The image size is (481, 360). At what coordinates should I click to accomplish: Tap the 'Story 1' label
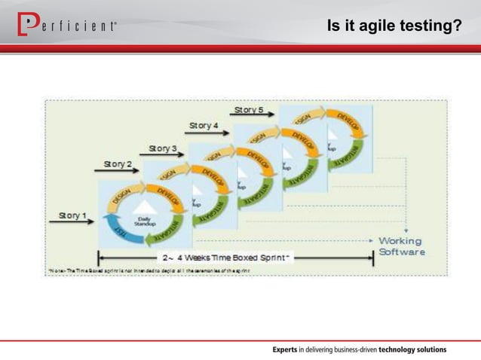tap(73, 216)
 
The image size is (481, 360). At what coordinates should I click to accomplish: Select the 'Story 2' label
tap(118, 163)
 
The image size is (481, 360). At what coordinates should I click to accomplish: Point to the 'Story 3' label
tap(164, 148)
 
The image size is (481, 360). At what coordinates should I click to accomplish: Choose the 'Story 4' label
tap(204, 125)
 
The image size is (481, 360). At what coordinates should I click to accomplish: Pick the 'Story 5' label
tap(248, 110)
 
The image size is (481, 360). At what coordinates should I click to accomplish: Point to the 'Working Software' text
tap(400, 246)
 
